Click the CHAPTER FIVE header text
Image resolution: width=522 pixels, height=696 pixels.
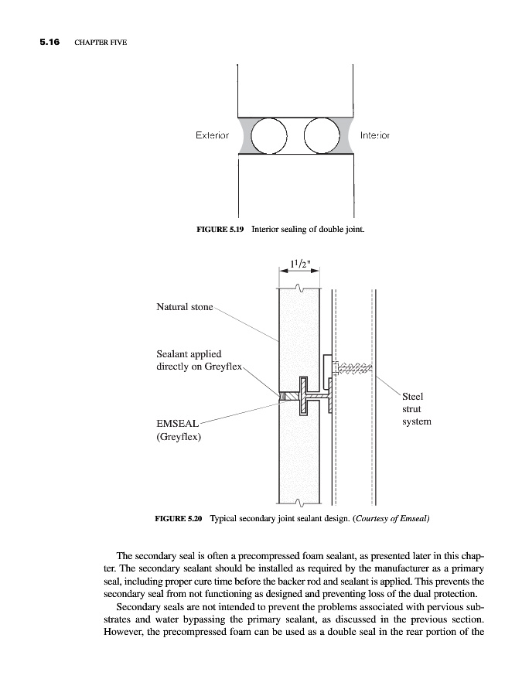tap(101, 42)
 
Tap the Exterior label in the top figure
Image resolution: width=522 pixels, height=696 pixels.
tap(212, 135)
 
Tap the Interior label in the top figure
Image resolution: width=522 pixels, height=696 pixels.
tap(375, 135)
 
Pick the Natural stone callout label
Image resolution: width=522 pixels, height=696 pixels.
tap(185, 307)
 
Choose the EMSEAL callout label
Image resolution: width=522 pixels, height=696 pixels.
tap(178, 423)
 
